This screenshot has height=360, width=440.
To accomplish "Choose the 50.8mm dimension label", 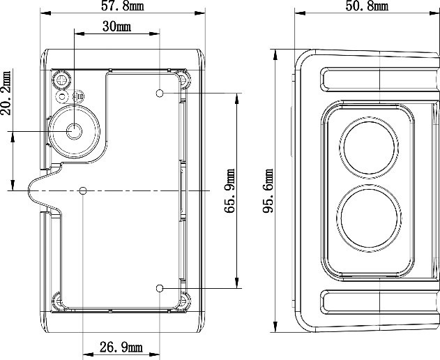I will coord(367,6).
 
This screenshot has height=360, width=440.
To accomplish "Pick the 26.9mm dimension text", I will coord(122,347).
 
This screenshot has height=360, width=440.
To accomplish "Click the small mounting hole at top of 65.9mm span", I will coord(160,93).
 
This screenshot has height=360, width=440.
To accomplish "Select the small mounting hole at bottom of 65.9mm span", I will coord(160,287).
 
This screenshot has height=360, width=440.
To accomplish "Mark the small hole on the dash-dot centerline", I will coord(84,190).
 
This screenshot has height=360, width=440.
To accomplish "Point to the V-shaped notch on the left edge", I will coord(35,190).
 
